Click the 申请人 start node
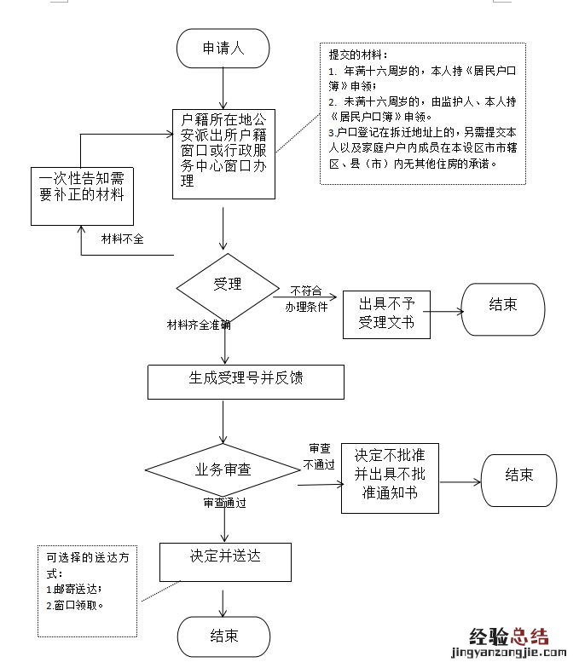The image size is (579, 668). click(x=223, y=49)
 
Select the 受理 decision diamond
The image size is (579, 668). click(x=227, y=285)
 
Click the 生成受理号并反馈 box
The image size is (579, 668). click(x=246, y=382)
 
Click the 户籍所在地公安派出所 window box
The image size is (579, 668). click(x=223, y=154)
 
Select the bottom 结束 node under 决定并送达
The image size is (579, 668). click(x=223, y=636)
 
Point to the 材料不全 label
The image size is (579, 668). click(x=122, y=239)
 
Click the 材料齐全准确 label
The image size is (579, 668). click(x=198, y=325)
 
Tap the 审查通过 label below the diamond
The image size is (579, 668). click(x=224, y=503)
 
